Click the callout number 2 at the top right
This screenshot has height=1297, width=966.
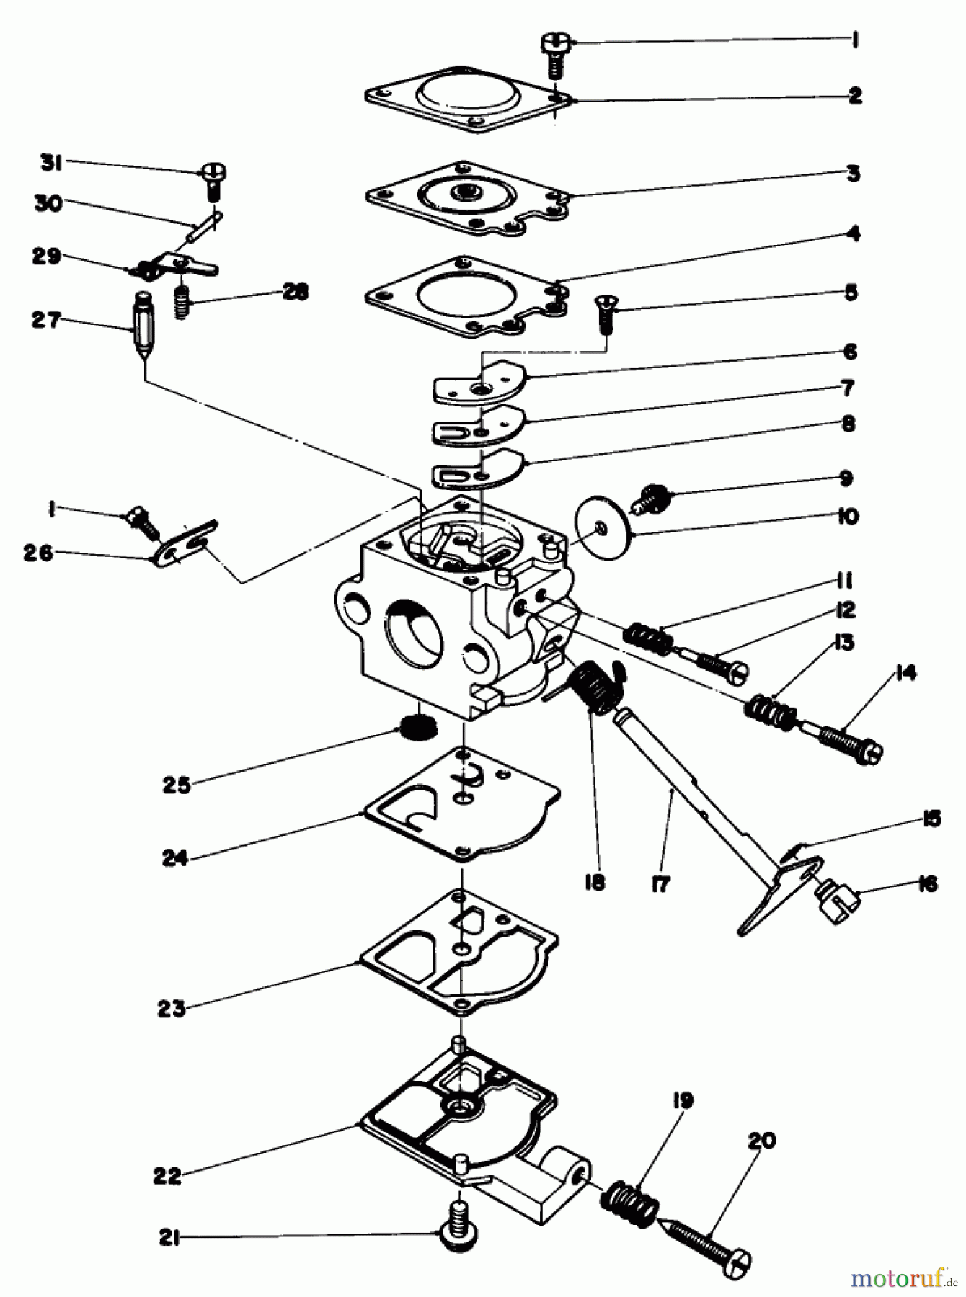[855, 95]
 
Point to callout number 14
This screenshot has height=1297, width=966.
[905, 673]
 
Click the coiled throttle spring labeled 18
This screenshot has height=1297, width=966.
[598, 688]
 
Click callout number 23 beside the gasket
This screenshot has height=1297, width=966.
[172, 1008]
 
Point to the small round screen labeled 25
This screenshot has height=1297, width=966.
[419, 729]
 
